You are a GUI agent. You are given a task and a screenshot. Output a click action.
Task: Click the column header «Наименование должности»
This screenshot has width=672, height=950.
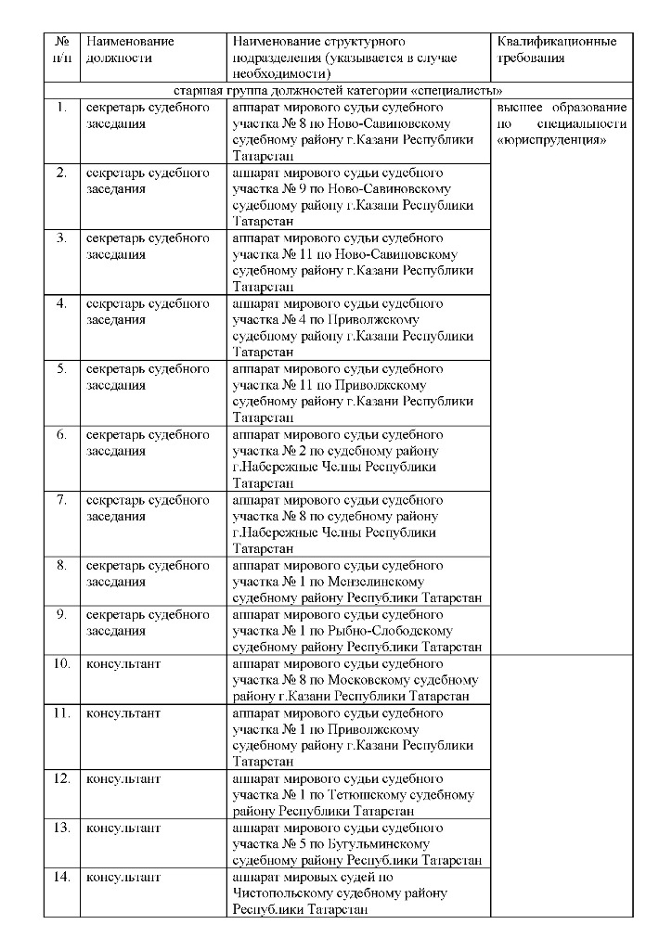click(129, 49)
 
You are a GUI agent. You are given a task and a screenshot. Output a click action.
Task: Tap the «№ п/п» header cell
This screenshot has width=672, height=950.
click(62, 49)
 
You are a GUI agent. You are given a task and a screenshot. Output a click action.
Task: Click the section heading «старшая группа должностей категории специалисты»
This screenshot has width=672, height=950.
click(339, 91)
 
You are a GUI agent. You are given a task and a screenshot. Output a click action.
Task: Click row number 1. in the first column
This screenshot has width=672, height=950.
click(62, 108)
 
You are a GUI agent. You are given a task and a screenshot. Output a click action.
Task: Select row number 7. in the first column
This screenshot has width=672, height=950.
click(62, 500)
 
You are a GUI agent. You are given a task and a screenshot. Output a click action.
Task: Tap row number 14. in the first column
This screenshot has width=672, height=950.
click(61, 877)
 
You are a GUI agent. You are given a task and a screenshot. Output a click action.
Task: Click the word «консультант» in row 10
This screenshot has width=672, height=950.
click(123, 664)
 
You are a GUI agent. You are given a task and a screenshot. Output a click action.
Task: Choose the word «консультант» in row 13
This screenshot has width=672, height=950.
click(123, 828)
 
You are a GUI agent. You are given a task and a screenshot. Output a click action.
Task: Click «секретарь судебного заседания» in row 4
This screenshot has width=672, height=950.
click(148, 312)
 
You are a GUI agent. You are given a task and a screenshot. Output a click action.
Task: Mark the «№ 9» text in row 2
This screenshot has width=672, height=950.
click(289, 189)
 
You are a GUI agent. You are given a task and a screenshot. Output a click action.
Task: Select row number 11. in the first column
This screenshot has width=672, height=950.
click(61, 712)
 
